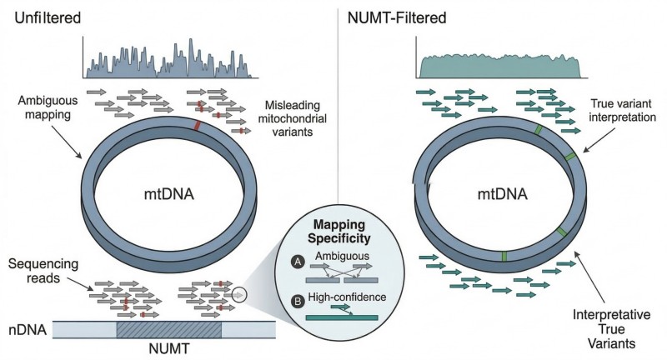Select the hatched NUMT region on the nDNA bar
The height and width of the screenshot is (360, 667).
[x=168, y=329]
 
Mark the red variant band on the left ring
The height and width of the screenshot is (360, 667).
[x=197, y=126]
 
